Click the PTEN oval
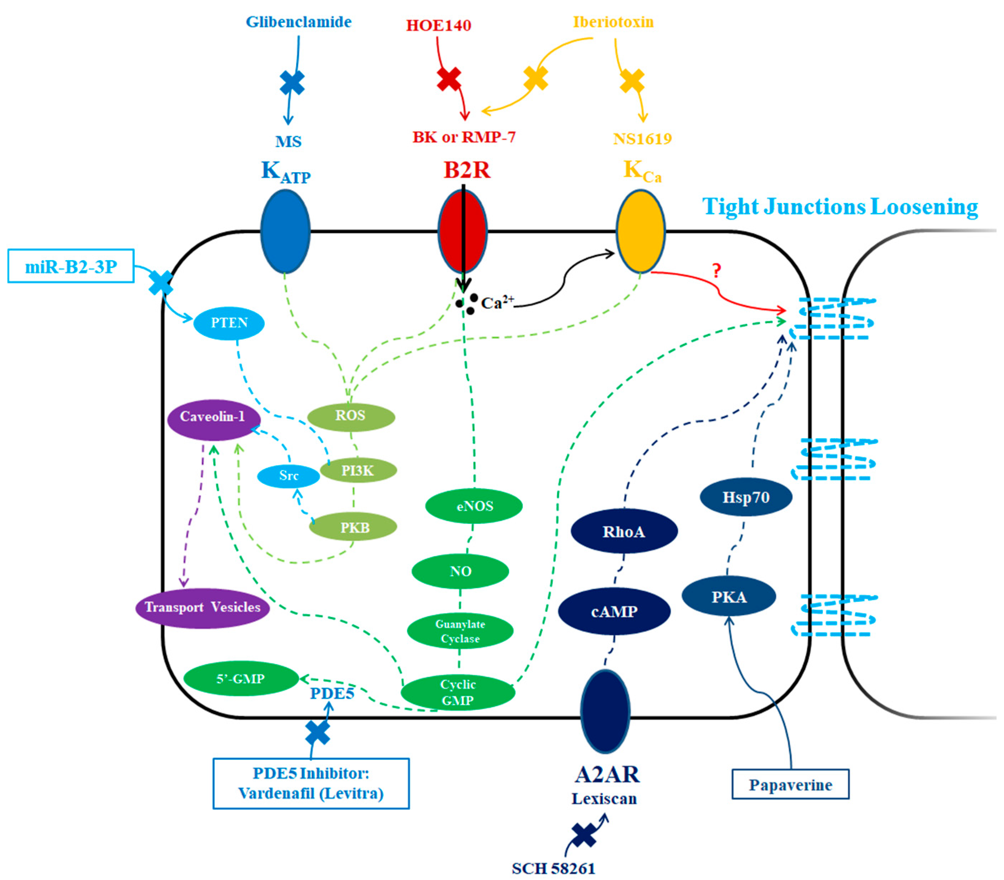coord(229,323)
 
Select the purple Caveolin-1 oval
coord(213,417)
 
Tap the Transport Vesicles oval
coord(202,607)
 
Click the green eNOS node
coord(474,506)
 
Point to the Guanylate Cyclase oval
coord(460,631)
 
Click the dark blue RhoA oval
coord(623,531)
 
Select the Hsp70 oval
coord(745,497)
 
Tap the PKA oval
coord(729,597)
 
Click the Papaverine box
coord(790,785)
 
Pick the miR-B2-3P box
coord(71,267)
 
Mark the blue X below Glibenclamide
coord(292,83)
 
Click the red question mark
coord(716,270)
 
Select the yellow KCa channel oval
coord(640,231)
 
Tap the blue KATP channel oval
coord(285,231)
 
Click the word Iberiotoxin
coord(613,22)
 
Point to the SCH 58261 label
coord(553,868)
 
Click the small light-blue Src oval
coord(289,475)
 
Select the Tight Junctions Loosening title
coord(840,207)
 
